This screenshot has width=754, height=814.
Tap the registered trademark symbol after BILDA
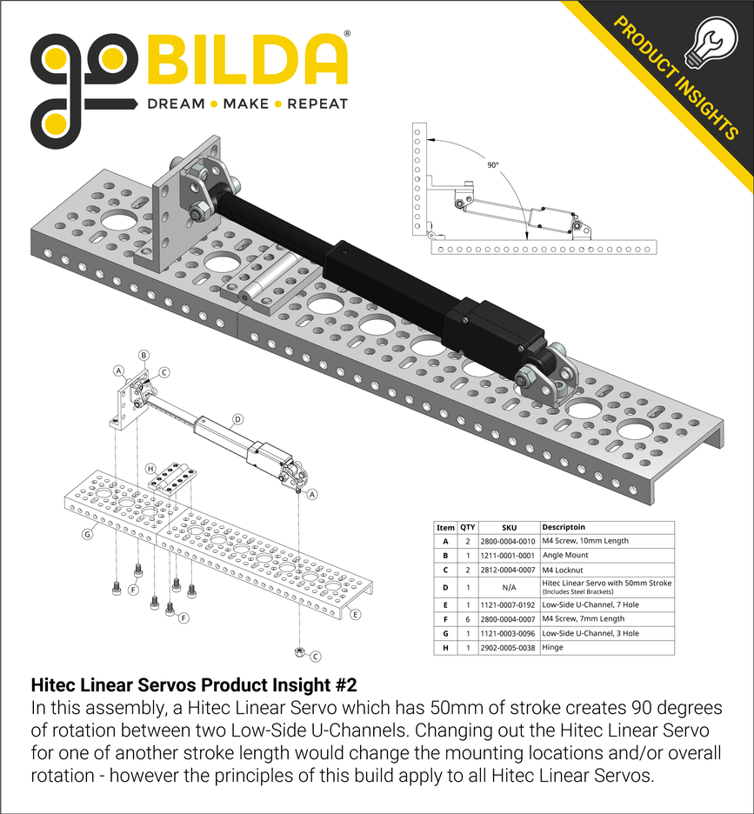click(x=347, y=35)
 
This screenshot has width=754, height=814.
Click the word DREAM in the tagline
click(x=175, y=103)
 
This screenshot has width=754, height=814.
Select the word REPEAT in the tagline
click(x=317, y=103)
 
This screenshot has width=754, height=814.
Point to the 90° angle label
click(x=493, y=164)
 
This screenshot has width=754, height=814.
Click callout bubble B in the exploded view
click(x=143, y=355)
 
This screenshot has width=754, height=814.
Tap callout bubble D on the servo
click(x=237, y=418)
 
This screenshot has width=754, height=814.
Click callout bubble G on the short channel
click(x=87, y=534)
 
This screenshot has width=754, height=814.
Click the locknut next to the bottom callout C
click(x=299, y=651)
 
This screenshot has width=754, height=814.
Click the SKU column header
click(x=509, y=527)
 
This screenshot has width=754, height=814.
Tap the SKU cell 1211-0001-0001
click(x=509, y=555)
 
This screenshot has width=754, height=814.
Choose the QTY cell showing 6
click(x=468, y=618)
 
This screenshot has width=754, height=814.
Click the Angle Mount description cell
click(x=564, y=555)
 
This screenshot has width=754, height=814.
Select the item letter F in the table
click(x=445, y=618)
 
